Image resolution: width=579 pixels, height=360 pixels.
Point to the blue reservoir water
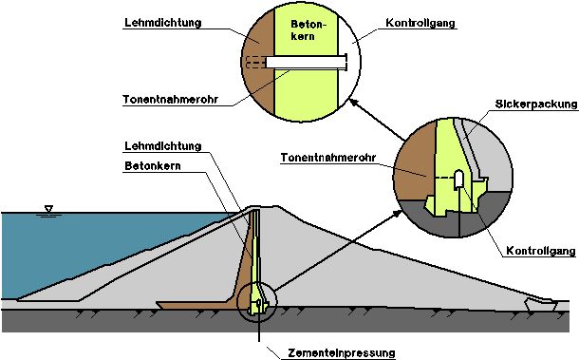pyautogui.click(x=76, y=247)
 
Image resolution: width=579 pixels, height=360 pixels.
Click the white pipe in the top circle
pyautogui.click(x=304, y=62)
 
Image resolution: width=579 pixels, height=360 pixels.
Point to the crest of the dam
pyautogui.click(x=256, y=207)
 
